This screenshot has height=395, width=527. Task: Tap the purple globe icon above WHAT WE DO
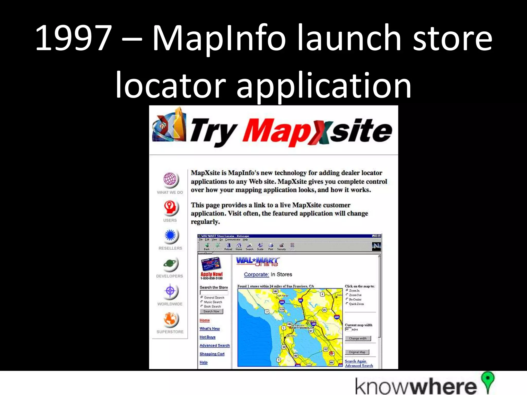tap(170, 179)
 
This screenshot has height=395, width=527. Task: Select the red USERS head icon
tap(170, 207)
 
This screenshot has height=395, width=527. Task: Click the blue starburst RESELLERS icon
tap(170, 235)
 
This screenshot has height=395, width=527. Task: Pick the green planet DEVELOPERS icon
tap(170, 264)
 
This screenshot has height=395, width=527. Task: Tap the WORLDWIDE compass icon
tap(170, 291)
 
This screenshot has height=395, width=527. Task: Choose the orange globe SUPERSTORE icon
tap(170, 319)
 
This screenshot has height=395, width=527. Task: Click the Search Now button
tap(211, 311)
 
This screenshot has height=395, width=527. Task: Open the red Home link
tap(205, 320)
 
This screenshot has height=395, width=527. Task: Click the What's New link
tap(210, 329)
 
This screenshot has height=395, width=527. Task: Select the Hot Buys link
tap(207, 337)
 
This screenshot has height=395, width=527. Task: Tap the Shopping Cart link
tap(212, 354)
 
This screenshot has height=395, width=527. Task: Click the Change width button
tap(358, 338)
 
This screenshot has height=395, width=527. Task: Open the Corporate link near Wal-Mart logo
tap(256, 274)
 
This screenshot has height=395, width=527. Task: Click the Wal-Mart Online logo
tap(257, 262)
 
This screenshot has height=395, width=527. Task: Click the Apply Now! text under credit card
tap(212, 274)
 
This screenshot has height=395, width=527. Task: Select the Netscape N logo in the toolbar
tap(376, 246)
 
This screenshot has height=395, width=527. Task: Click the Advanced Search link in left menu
tap(215, 345)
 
